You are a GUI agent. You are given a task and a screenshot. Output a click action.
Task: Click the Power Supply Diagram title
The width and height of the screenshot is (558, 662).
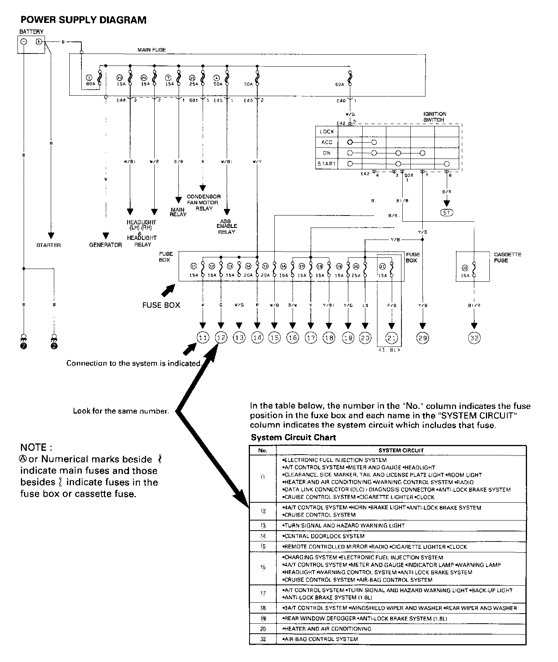pyautogui.click(x=83, y=20)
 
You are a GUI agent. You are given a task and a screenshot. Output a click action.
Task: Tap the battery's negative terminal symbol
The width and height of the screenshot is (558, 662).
pyautogui.click(x=24, y=42)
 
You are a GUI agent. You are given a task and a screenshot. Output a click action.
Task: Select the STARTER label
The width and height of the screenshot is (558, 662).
pyautogui.click(x=48, y=245)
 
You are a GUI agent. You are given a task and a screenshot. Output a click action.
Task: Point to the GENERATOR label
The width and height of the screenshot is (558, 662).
pyautogui.click(x=105, y=245)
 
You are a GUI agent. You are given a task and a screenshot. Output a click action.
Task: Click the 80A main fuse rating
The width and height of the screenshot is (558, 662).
pyautogui.click(x=91, y=84)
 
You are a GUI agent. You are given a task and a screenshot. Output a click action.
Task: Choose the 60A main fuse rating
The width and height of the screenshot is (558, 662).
pyautogui.click(x=340, y=84)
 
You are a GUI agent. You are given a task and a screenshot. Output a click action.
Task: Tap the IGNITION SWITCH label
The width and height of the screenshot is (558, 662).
pyautogui.click(x=434, y=117)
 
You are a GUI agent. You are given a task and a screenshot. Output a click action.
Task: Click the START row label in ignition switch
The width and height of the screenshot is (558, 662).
pyautogui.click(x=327, y=164)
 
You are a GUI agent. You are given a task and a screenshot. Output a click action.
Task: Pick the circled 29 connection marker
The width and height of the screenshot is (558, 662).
pyautogui.click(x=422, y=338)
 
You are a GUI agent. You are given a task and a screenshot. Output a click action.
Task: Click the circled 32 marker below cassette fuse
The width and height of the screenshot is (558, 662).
pyautogui.click(x=474, y=338)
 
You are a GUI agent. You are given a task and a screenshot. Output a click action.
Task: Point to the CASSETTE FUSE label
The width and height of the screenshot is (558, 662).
pyautogui.click(x=507, y=257)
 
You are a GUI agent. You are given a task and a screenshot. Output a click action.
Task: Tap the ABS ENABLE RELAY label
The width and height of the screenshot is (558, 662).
pyautogui.click(x=227, y=226)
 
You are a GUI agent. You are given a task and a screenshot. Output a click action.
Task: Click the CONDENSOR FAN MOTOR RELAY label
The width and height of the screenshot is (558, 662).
pyautogui.click(x=204, y=202)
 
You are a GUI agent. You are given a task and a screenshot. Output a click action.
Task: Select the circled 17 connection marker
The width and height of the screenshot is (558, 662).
pyautogui.click(x=311, y=338)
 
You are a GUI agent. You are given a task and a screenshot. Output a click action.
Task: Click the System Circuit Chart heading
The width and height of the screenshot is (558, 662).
pyautogui.click(x=293, y=438)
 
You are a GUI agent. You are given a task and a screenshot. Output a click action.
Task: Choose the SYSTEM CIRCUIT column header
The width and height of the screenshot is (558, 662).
pyautogui.click(x=401, y=450)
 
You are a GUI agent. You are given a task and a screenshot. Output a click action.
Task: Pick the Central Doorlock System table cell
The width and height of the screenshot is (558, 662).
pyautogui.click(x=324, y=536)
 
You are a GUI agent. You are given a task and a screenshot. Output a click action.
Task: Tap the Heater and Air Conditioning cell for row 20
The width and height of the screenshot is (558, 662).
pyautogui.click(x=327, y=629)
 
